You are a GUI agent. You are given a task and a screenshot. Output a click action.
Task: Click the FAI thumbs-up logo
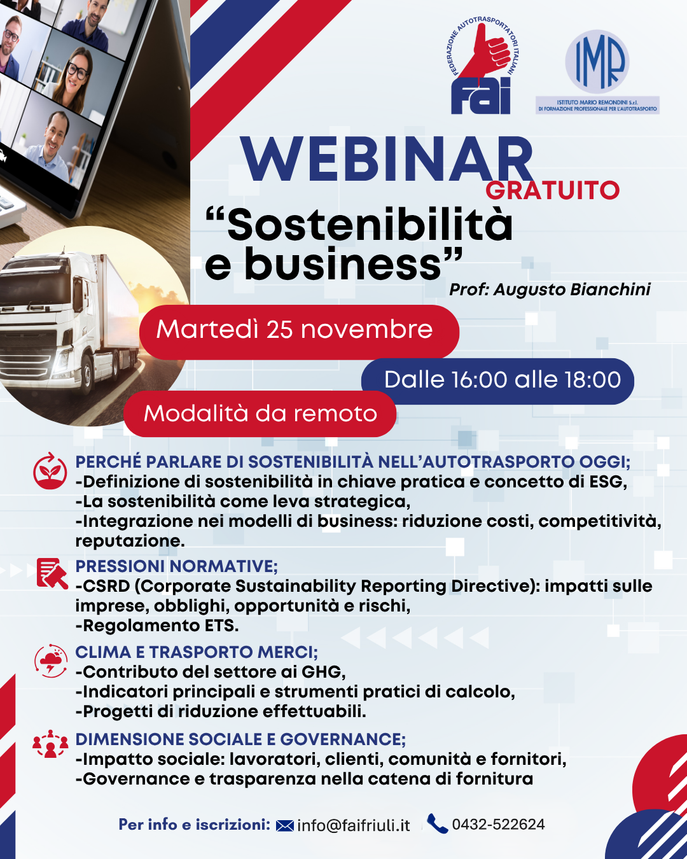[482, 66]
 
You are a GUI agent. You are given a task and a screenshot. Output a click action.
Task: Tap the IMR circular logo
[597, 62]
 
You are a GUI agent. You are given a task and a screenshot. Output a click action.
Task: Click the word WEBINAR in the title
[387, 160]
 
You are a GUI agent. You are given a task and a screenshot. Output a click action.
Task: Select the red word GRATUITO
[552, 190]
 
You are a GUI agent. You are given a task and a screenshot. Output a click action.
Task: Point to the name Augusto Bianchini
[572, 290]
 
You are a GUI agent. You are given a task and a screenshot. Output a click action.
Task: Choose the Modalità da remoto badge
[260, 414]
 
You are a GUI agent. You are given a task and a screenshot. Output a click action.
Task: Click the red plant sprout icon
[50, 471]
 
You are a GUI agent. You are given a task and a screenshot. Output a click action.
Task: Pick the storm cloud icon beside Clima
[51, 660]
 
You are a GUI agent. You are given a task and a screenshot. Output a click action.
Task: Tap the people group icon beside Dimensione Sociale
[50, 744]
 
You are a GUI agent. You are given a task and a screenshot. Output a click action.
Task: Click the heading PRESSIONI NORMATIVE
[176, 566]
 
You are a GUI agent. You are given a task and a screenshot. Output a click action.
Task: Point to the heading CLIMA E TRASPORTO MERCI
[196, 652]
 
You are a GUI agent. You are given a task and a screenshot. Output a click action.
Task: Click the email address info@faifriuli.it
[353, 825]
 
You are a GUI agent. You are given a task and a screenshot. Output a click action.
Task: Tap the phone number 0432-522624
[498, 825]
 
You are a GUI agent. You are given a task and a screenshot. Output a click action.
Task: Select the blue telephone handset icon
[437, 823]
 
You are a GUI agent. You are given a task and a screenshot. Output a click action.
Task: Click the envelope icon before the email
[285, 826]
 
